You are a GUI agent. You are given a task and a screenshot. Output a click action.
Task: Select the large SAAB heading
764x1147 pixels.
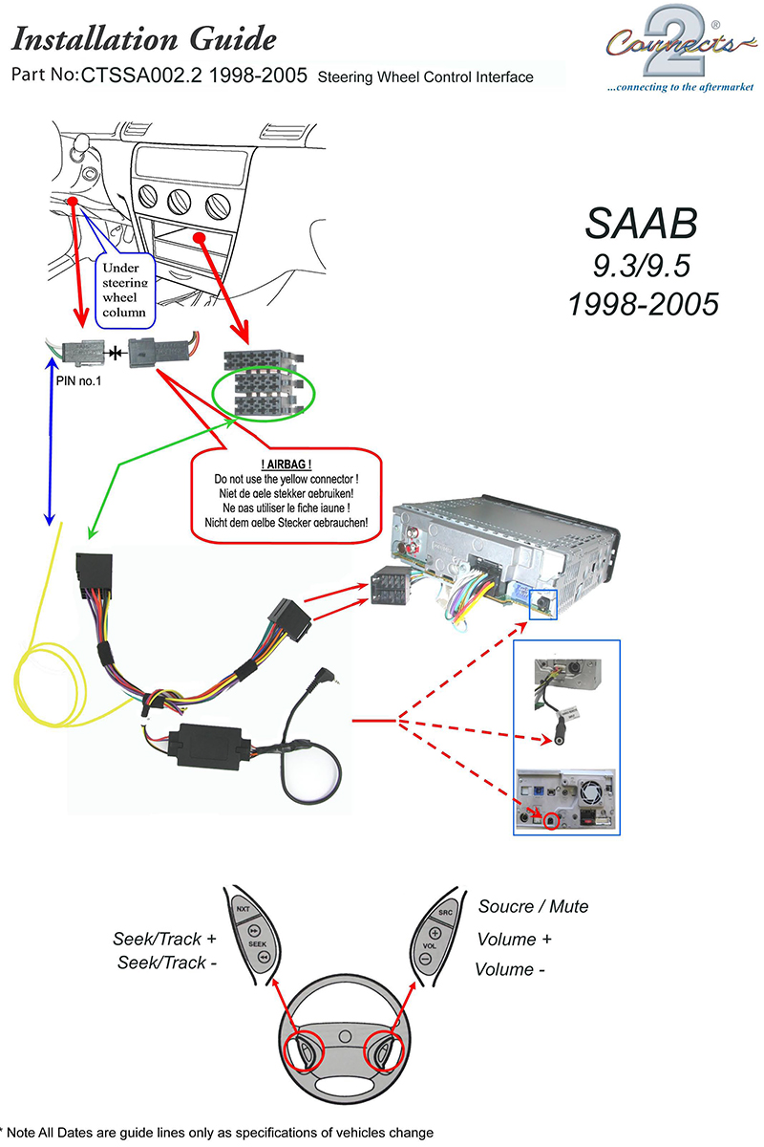(x=641, y=223)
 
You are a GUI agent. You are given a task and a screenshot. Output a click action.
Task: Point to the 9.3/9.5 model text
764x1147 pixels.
(x=641, y=265)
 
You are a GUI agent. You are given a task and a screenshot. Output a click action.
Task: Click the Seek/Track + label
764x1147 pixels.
(x=165, y=940)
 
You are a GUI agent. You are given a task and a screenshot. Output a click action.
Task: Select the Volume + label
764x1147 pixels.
(x=515, y=939)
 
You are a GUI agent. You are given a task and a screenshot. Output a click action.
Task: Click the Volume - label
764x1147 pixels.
(x=511, y=969)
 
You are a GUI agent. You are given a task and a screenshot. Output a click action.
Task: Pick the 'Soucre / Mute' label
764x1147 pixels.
(x=533, y=906)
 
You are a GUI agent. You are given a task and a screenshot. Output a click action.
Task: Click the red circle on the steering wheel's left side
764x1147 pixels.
(x=308, y=1051)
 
